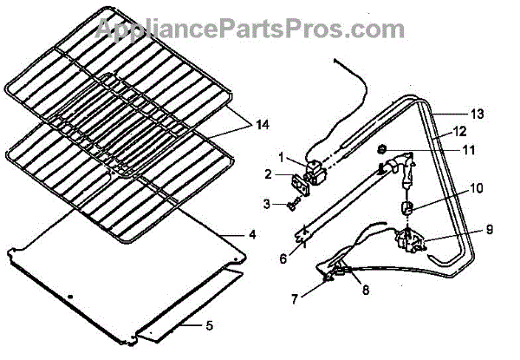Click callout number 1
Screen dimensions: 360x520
(282, 157)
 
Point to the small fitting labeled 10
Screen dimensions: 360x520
(404, 206)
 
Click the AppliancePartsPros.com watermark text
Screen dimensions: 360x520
(259, 28)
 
